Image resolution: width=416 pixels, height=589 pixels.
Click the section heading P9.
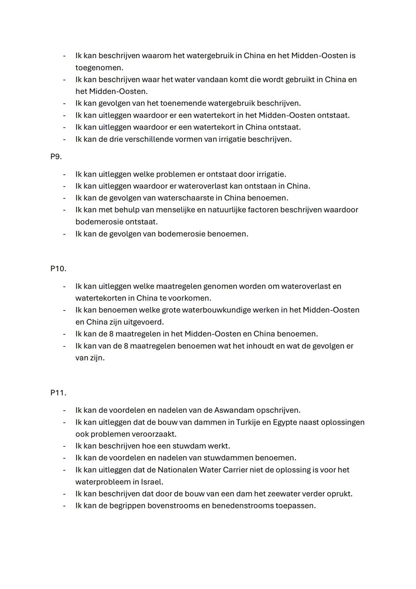coord(56,157)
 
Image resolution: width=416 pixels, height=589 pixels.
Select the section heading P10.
coord(58,269)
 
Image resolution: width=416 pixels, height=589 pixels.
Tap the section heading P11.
coord(58,393)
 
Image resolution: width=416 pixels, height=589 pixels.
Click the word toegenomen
coord(99,68)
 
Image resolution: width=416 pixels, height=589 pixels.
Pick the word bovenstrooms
coord(173,506)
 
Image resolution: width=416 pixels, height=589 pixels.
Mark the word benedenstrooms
coord(242,506)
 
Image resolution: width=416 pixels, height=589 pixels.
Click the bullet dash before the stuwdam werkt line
coord(64,446)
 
